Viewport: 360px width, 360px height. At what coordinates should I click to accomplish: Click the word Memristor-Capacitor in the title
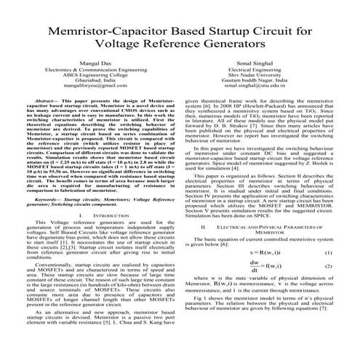tap(108, 33)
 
